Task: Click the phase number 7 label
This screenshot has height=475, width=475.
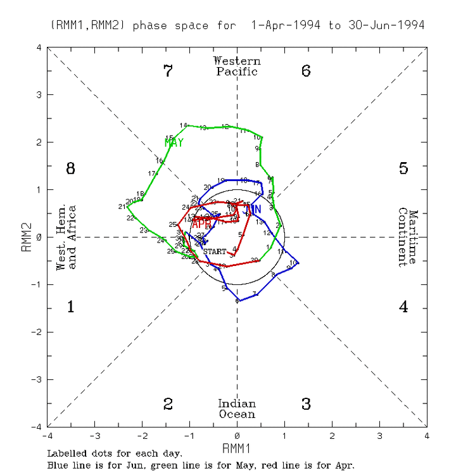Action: (168, 71)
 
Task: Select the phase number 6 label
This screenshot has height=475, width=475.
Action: (306, 71)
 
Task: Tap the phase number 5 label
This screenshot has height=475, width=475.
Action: (403, 168)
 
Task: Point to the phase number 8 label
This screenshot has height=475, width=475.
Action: (71, 168)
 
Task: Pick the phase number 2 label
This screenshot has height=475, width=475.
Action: (168, 404)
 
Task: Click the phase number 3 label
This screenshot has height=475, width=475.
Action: (306, 404)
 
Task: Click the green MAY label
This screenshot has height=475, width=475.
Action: (174, 143)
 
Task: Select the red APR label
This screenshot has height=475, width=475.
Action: (201, 224)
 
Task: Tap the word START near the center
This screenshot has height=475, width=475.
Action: (214, 251)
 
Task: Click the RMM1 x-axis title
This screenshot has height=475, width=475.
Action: (237, 448)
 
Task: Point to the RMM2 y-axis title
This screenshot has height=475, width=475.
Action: (26, 237)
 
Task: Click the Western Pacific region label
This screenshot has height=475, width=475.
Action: (237, 66)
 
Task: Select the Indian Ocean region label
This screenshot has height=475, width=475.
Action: (237, 409)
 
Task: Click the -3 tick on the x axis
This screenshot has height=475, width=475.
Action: (94, 436)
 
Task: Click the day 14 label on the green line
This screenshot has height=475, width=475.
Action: (184, 125)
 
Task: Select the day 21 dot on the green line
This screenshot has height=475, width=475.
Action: (127, 205)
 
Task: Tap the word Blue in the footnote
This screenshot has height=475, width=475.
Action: (58, 465)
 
